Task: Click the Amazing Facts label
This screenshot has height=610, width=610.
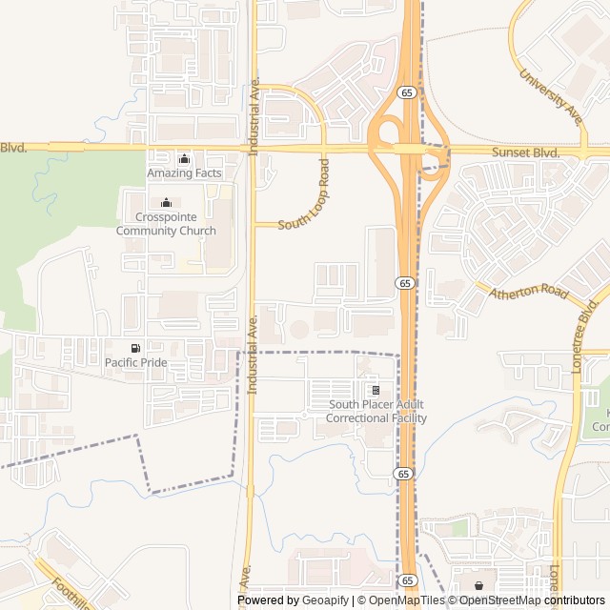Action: click(184, 173)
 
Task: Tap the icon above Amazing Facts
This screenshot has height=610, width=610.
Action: click(184, 158)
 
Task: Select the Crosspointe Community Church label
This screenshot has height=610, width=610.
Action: click(166, 223)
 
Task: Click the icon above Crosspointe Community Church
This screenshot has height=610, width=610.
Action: click(166, 202)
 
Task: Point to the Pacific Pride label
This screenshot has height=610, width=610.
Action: click(135, 362)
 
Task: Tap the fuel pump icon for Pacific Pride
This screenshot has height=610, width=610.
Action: click(135, 347)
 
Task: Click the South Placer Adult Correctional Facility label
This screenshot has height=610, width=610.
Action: click(376, 412)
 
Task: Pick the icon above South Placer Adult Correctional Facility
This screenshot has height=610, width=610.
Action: click(376, 390)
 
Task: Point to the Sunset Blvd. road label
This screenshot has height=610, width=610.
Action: click(525, 152)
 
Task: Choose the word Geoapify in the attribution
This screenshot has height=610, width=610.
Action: click(325, 600)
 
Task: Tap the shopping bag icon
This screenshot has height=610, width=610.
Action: click(478, 585)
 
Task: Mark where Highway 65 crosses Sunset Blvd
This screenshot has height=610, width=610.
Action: click(410, 150)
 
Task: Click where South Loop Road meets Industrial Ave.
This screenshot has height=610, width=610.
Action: click(253, 225)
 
